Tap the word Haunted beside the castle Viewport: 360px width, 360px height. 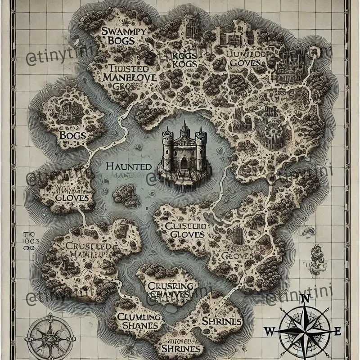point(129,166)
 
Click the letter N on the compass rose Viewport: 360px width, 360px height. point(305,299)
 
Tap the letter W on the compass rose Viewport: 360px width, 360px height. point(269,332)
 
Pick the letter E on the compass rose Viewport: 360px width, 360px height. point(337,332)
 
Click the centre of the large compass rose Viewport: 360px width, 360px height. point(305,332)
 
